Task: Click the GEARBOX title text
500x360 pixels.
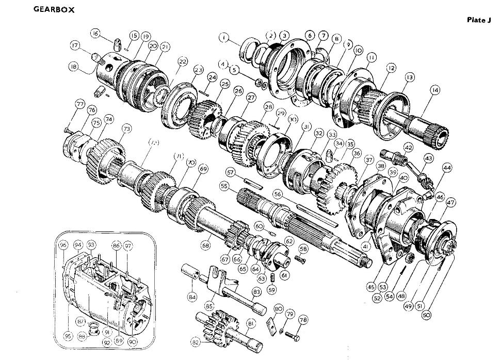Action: tap(54, 10)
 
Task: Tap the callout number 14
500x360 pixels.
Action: tap(435, 90)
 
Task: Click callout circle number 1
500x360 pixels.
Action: tap(223, 37)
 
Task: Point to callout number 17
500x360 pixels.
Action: tap(75, 46)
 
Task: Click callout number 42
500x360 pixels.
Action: tap(408, 147)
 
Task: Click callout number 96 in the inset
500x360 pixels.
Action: tap(63, 245)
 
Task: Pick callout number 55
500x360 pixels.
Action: tap(224, 185)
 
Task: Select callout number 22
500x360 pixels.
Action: tap(183, 62)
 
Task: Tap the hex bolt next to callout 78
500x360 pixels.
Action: tap(291, 336)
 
